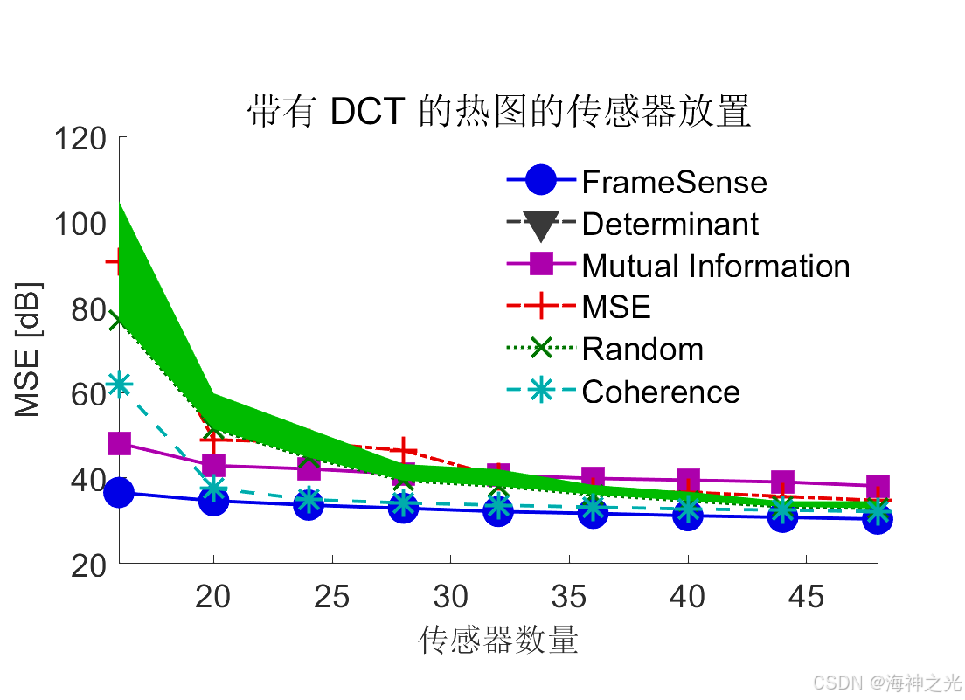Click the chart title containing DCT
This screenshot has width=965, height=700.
pos(498,113)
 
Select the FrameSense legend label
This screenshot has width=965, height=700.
pos(674,182)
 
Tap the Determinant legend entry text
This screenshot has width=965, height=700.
pos(670,224)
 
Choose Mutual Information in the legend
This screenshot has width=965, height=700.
pos(716,266)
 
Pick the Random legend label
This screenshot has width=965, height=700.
pos(642,350)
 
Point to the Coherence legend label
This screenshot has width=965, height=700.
pos(661,392)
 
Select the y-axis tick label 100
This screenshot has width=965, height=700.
pos(80,224)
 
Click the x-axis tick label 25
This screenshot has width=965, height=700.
pos(331,597)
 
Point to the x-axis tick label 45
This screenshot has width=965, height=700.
pos(807,597)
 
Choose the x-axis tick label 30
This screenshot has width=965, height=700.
pos(450,597)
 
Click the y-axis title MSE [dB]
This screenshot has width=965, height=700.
pos(28,350)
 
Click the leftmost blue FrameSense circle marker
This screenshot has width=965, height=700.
pos(119,493)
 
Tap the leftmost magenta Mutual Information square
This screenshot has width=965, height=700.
pos(119,444)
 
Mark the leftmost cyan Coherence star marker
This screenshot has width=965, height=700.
pos(119,384)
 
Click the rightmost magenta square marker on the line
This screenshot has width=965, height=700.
pos(878,486)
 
